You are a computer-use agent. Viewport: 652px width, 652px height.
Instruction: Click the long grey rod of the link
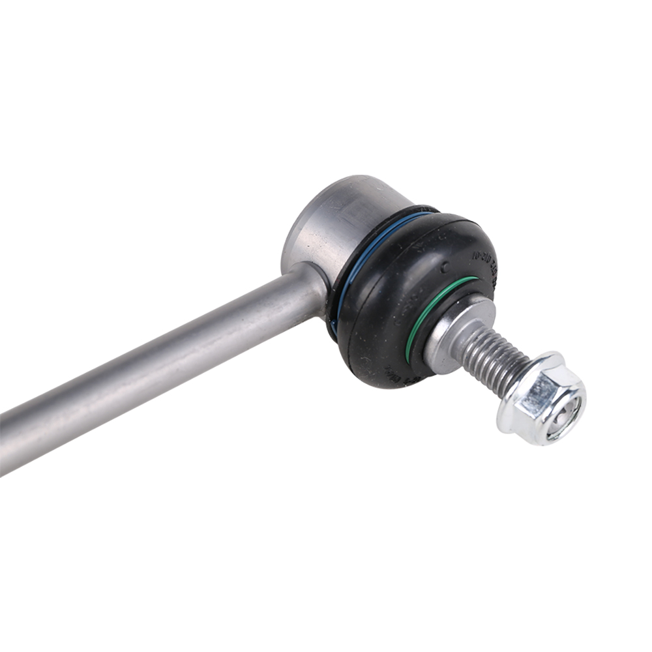click(x=163, y=365)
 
